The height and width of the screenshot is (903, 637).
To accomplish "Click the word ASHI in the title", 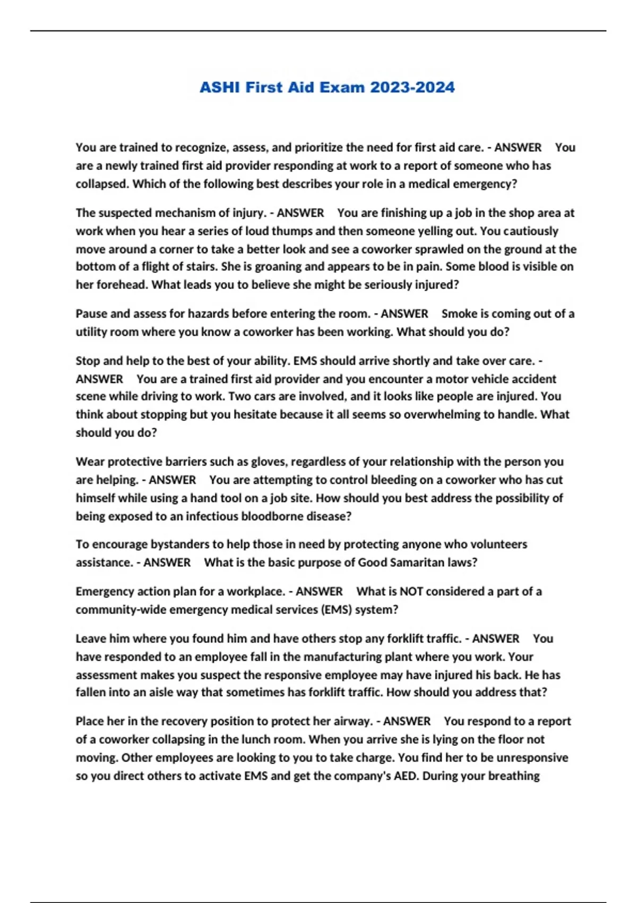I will tap(219, 88).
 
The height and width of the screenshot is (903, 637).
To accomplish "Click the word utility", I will tap(92, 332).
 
